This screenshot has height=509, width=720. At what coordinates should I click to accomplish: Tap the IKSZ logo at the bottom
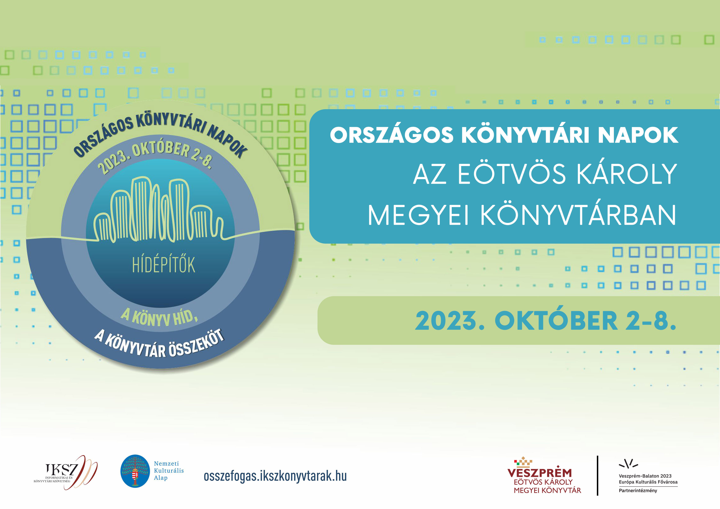click(x=65, y=472)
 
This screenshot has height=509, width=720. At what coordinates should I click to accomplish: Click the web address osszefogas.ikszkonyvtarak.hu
click(x=275, y=476)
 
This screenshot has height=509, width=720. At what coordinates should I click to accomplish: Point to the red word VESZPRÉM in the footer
click(x=540, y=473)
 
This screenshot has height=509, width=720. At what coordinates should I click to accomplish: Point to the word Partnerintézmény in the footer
click(x=638, y=491)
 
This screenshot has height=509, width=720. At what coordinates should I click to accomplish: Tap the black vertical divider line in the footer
click(x=598, y=476)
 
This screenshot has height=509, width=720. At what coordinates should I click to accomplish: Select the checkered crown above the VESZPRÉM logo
click(x=523, y=462)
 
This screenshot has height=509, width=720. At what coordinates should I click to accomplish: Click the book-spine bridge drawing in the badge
click(x=159, y=210)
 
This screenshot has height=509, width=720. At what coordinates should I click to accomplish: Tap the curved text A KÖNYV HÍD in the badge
click(x=159, y=317)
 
